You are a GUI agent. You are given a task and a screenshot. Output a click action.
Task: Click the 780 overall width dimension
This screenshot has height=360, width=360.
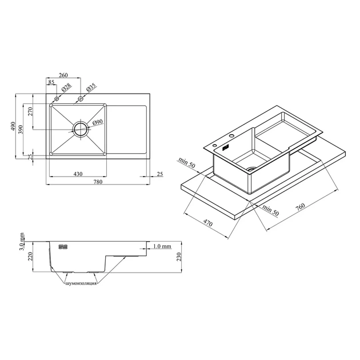pyautogui.click(x=98, y=182)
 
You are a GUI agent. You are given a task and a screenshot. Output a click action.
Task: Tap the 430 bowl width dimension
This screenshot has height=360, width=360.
pyautogui.click(x=78, y=174)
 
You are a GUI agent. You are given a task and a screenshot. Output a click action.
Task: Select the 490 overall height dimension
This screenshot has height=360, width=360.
pyautogui.click(x=13, y=126)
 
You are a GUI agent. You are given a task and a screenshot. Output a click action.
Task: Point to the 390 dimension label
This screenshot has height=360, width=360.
pyautogui.click(x=21, y=130)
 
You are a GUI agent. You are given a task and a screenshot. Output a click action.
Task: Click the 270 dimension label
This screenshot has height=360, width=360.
pyautogui.click(x=30, y=111)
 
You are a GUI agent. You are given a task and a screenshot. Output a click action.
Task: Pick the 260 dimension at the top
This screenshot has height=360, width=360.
pyautogui.click(x=63, y=75)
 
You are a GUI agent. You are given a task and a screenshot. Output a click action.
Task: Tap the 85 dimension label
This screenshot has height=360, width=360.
pyautogui.click(x=51, y=82)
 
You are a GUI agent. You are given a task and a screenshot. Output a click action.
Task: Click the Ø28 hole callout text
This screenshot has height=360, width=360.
pyautogui.click(x=66, y=87)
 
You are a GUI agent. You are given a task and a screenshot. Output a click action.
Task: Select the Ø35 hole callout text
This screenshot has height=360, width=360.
pyautogui.click(x=91, y=87)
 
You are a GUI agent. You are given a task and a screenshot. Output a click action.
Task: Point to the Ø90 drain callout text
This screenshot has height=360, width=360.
pyautogui.click(x=98, y=122)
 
